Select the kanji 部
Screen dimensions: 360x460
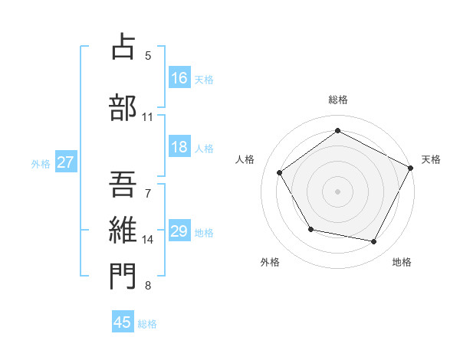tap(123, 107)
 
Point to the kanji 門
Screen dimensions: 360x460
tap(123, 277)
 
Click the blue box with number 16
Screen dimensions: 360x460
tap(179, 78)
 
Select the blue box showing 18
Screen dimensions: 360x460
tap(179, 148)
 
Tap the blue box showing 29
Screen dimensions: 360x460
tap(179, 231)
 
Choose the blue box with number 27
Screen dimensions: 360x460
tap(65, 162)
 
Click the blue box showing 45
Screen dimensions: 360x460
tap(123, 322)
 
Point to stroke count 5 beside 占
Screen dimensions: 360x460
tap(148, 55)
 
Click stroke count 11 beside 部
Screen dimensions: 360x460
tap(148, 117)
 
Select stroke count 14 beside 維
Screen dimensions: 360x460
tap(148, 240)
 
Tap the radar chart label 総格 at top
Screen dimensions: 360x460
tap(338, 100)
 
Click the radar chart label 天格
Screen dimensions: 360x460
tap(431, 159)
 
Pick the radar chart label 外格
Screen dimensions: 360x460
tap(270, 262)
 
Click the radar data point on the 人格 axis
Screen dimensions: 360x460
tap(280, 172)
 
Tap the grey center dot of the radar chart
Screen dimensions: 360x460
tap(338, 191)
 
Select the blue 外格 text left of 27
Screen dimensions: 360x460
tap(41, 163)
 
